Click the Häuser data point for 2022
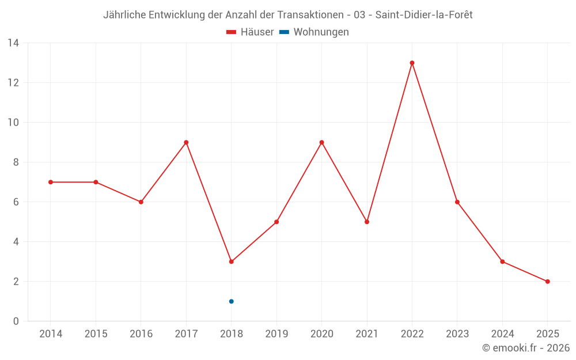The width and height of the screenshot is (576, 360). [x=412, y=63]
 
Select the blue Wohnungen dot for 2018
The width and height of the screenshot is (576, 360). [x=231, y=301]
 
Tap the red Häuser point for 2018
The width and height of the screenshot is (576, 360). [x=231, y=262]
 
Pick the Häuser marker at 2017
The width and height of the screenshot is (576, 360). [x=186, y=142]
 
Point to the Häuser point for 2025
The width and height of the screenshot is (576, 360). [x=547, y=282]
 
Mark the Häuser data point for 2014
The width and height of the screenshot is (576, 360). [x=51, y=182]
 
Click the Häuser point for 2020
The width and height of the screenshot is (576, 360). [x=321, y=142]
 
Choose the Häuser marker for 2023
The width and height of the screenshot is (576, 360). [x=457, y=202]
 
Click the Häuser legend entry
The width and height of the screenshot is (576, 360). [x=250, y=32]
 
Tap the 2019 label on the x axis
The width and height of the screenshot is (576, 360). [x=276, y=334]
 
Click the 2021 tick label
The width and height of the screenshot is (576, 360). [x=367, y=334]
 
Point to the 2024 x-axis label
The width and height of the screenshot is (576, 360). [x=502, y=334]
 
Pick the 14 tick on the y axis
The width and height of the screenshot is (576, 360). [x=13, y=43]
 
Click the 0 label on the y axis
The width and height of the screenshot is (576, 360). [x=16, y=321]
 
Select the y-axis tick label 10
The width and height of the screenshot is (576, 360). [x=13, y=123]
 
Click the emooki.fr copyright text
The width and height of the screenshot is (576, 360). [x=526, y=348]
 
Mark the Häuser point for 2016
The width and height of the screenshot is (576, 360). [x=141, y=202]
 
